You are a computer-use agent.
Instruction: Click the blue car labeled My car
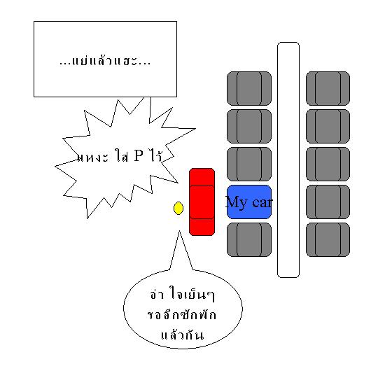249,202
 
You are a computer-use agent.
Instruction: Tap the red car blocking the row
202,202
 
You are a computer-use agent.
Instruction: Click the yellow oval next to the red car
178,209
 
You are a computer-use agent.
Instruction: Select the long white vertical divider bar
288,160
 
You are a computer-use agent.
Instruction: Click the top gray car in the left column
249,88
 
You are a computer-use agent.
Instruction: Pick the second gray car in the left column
249,126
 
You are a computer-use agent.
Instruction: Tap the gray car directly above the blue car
249,164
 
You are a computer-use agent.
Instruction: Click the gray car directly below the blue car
249,239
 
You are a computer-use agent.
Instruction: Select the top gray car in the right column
328,88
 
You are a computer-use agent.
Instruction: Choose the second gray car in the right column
328,126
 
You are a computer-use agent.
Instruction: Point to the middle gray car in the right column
328,164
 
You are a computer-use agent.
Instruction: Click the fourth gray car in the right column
328,202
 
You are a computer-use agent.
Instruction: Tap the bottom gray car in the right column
328,239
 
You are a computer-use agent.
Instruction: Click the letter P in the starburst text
139,155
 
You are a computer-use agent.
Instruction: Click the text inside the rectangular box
105,60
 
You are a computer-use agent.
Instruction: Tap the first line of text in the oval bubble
182,294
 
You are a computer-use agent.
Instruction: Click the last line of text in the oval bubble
182,335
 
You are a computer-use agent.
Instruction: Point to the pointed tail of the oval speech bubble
179,231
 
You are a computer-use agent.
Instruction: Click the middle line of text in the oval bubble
182,315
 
